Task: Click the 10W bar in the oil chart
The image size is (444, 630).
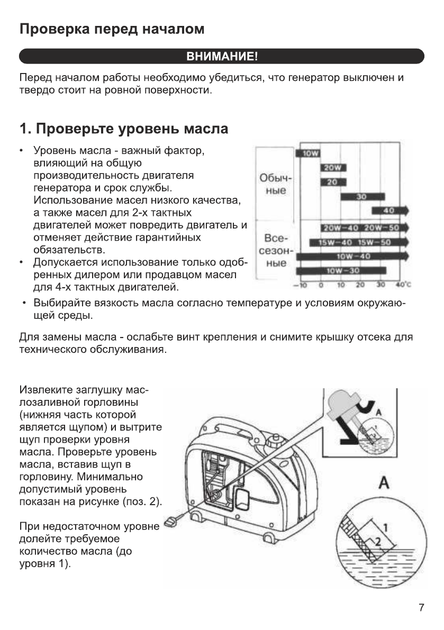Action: [x=307, y=154]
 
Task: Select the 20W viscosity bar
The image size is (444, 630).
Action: [x=332, y=168]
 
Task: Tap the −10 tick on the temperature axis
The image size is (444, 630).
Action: [x=297, y=285]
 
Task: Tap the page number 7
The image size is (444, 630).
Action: [x=421, y=607]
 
